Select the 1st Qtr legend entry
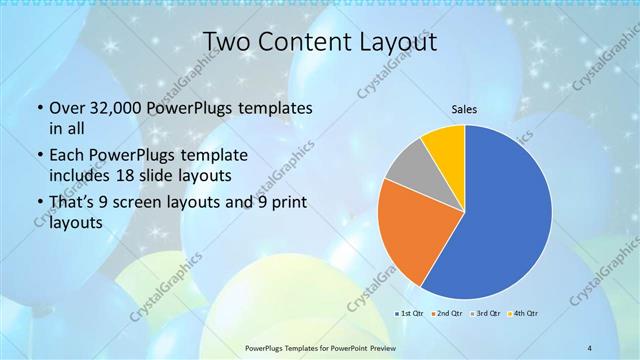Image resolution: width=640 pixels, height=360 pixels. (410, 314)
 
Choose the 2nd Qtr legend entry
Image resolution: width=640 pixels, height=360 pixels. (447, 314)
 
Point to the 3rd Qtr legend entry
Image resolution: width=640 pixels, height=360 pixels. (485, 314)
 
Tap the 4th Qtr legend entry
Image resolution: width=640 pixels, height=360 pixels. (524, 314)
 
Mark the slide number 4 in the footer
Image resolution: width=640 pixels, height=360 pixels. (590, 348)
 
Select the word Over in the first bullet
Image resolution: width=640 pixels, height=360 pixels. (67, 108)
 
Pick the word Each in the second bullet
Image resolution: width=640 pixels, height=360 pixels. (67, 156)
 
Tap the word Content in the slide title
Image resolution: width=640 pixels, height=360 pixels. (304, 42)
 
